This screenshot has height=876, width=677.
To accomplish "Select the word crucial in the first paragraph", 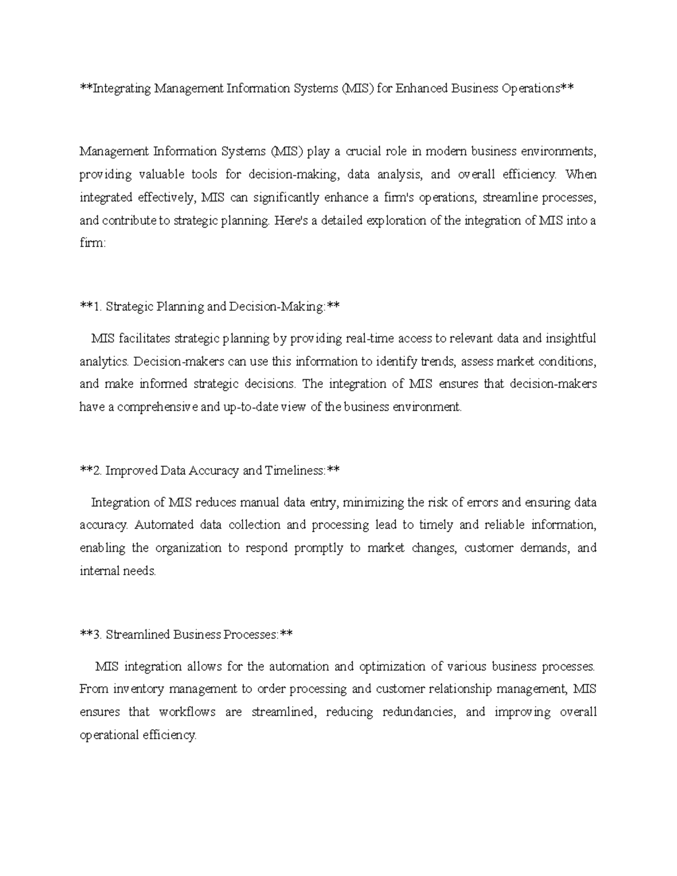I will [x=363, y=151].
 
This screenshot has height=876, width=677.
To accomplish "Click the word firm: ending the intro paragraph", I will [x=92, y=244].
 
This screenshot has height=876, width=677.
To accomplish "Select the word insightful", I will [x=570, y=338].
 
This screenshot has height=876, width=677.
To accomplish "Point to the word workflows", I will [x=187, y=712].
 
